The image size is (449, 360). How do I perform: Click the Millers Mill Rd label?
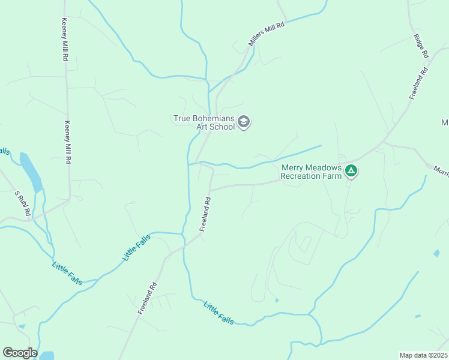pyautogui.click(x=266, y=34)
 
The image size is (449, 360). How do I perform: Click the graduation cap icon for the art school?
pyautogui.click(x=243, y=122)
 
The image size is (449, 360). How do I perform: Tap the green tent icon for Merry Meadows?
pyautogui.click(x=351, y=172)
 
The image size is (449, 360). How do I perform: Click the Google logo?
pyautogui.click(x=20, y=353)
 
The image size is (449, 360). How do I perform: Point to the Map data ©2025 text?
pyautogui.click(x=423, y=355)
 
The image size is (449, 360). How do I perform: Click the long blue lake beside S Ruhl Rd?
pyautogui.click(x=31, y=172)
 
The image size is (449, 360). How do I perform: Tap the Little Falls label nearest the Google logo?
pyautogui.click(x=67, y=274)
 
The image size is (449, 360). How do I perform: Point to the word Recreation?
pyautogui.click(x=303, y=176)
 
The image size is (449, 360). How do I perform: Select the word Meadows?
pyautogui.click(x=325, y=167)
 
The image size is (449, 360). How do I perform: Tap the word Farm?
pyautogui.click(x=333, y=176)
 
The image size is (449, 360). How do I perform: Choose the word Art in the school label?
pyautogui.click(x=202, y=127)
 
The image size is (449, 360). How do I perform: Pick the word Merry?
pyautogui.click(x=294, y=167)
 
